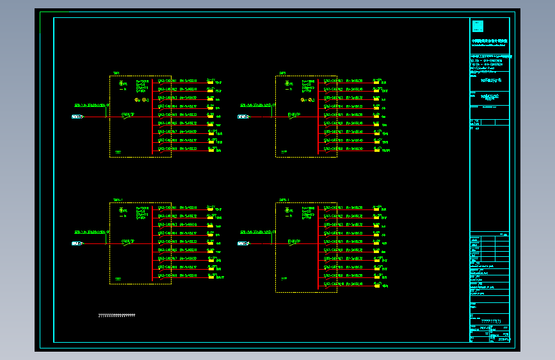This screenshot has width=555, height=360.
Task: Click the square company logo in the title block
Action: pos(478,26)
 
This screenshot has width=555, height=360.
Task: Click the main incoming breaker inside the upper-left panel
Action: pos(127,117)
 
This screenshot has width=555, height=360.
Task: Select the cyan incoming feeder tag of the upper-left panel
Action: pos(77,117)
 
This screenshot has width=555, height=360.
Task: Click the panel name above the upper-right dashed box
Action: pos(282,73)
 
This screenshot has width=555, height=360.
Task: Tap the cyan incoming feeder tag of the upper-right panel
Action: pos(243,117)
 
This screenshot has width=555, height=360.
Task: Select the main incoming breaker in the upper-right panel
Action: pos(294,117)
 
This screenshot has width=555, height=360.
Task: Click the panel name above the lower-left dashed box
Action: pos(118,200)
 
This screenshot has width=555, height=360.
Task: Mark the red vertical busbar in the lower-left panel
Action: pos(152,243)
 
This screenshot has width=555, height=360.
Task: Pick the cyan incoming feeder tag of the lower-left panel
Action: pos(77,243)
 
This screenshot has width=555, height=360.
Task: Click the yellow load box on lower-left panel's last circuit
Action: pos(211,276)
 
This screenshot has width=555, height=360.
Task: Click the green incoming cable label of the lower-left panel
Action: pos(92,232)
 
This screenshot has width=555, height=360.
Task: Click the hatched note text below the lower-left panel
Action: pos(117,315)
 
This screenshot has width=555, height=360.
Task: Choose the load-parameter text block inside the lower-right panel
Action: pos(309,213)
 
